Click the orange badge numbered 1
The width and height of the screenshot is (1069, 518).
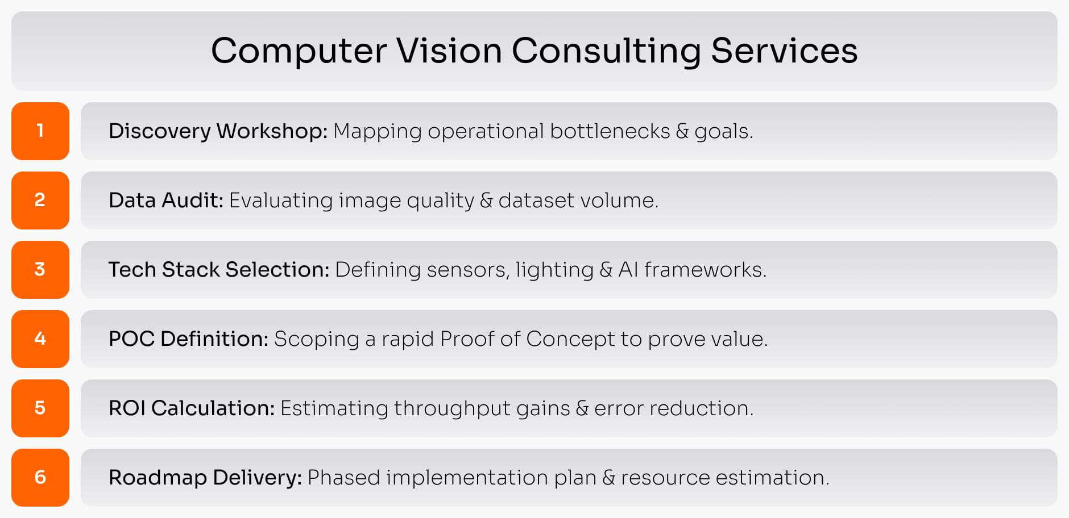tap(40, 131)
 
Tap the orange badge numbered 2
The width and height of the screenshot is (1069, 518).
tap(40, 200)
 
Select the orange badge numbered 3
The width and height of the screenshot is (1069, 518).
tap(40, 270)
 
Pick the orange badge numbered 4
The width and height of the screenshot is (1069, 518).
tap(40, 339)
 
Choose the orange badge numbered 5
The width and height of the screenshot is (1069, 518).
tap(40, 408)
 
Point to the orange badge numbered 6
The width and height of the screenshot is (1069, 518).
tap(40, 478)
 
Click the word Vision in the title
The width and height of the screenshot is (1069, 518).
tap(449, 51)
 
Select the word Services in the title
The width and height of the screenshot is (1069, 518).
tap(784, 51)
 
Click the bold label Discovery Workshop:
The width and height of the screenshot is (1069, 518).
tap(218, 131)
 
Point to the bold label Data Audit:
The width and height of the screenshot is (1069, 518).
tap(166, 200)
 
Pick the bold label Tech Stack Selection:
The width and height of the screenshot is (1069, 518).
tap(219, 270)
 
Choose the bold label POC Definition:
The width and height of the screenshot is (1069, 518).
tap(188, 339)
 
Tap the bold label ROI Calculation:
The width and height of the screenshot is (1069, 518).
tap(192, 408)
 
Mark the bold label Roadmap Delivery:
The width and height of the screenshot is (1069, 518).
tap(205, 478)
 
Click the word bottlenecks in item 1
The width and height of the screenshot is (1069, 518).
tap(610, 131)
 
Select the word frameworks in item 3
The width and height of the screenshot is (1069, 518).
tap(705, 270)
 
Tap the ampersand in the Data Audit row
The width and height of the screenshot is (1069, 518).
tap(486, 200)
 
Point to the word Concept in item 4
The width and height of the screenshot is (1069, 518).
tap(570, 340)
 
